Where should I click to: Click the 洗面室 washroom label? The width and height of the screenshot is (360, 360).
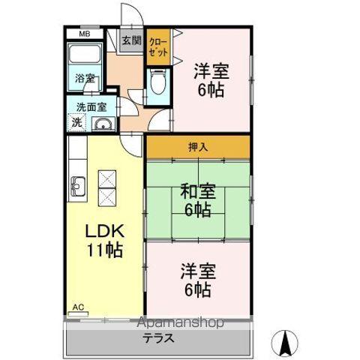coord(86,106)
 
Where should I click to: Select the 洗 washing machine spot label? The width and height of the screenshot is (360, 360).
coord(76,122)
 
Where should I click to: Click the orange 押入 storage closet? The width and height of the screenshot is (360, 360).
coord(198,146)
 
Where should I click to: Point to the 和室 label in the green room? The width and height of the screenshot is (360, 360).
coord(197,191)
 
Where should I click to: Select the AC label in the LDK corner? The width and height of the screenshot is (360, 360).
coord(77,307)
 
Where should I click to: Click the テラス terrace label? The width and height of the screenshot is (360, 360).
coord(159,337)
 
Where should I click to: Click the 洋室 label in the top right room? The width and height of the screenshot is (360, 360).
coord(211,72)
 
